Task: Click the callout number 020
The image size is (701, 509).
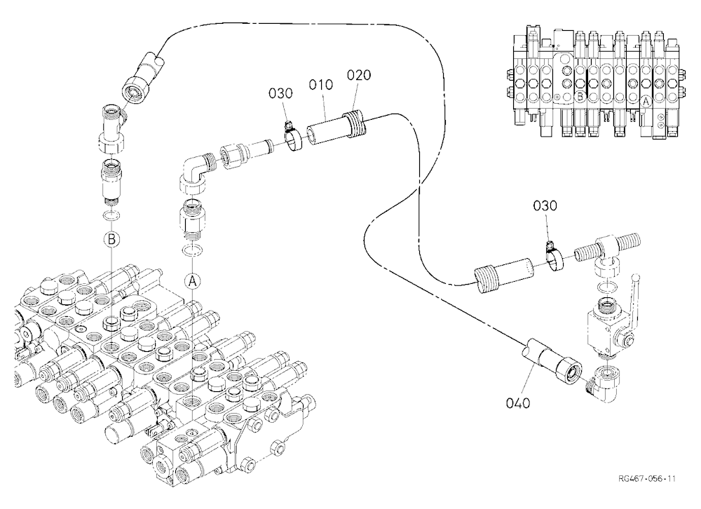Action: pos(359,75)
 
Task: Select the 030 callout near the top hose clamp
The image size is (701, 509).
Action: pos(281,93)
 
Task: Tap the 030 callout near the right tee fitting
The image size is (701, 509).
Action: pos(545,205)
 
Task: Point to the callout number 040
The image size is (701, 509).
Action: pos(518,403)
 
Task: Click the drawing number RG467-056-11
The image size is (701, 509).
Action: pos(647,479)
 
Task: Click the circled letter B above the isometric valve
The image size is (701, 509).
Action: pos(111,239)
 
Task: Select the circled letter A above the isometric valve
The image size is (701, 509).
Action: pos(192,281)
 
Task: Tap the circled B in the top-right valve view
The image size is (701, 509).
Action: pos(580,95)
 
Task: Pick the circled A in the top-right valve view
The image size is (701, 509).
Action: pos(646,102)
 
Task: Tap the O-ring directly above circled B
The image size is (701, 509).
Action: pos(111,215)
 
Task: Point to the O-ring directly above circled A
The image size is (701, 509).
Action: pos(192,250)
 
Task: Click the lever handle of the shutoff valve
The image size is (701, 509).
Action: pos(635,295)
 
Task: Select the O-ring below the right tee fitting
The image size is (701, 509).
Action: pos(607,286)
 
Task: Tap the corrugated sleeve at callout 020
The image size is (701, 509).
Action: pos(355,125)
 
